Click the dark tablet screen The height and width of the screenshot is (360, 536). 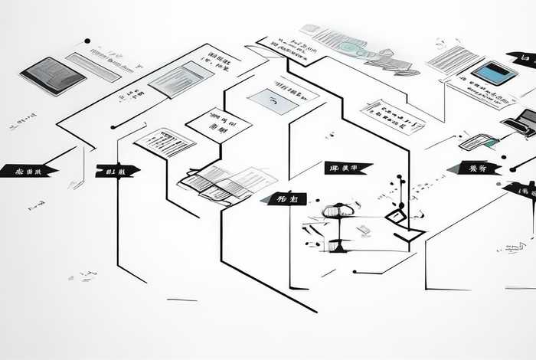coord(52,74)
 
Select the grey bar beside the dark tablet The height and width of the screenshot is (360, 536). coord(93,67)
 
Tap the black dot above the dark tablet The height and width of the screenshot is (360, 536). coord(87,41)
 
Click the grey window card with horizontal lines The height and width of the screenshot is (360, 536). coord(180,78)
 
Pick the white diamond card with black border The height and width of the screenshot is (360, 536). coord(219,125)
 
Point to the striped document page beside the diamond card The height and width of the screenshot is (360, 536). coord(165,142)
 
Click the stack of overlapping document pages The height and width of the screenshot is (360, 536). coord(218,182)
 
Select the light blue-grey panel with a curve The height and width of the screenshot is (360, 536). coord(272,101)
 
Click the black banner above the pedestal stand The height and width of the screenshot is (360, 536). coord(348,168)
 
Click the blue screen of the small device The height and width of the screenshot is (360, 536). coord(494,74)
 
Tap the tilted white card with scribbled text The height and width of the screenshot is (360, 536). coord(392,116)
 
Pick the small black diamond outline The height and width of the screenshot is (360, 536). coord(397,217)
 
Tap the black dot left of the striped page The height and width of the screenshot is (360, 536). coord(113,127)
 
